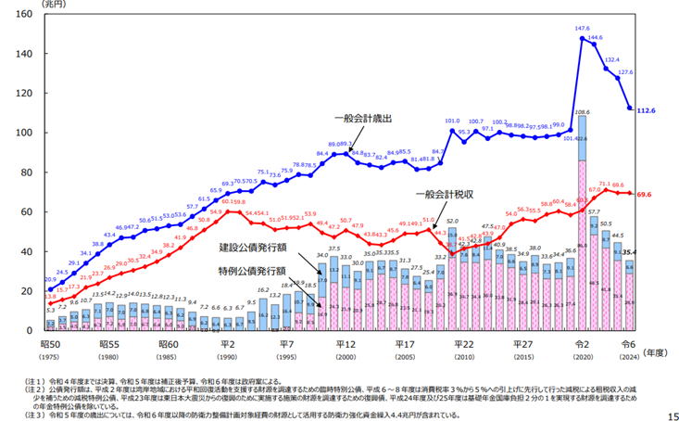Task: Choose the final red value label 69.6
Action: tap(646, 195)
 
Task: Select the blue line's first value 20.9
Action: tap(51, 279)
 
